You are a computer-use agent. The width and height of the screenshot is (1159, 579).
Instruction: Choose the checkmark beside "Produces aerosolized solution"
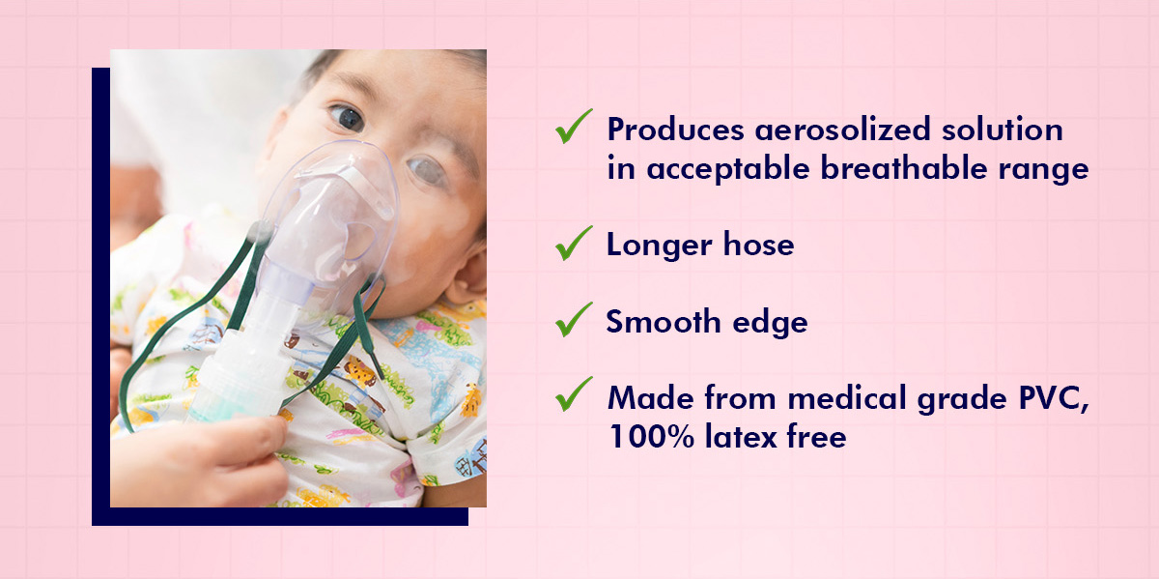[x=574, y=127]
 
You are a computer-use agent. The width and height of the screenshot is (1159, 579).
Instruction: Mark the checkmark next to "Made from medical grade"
[x=574, y=394]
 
